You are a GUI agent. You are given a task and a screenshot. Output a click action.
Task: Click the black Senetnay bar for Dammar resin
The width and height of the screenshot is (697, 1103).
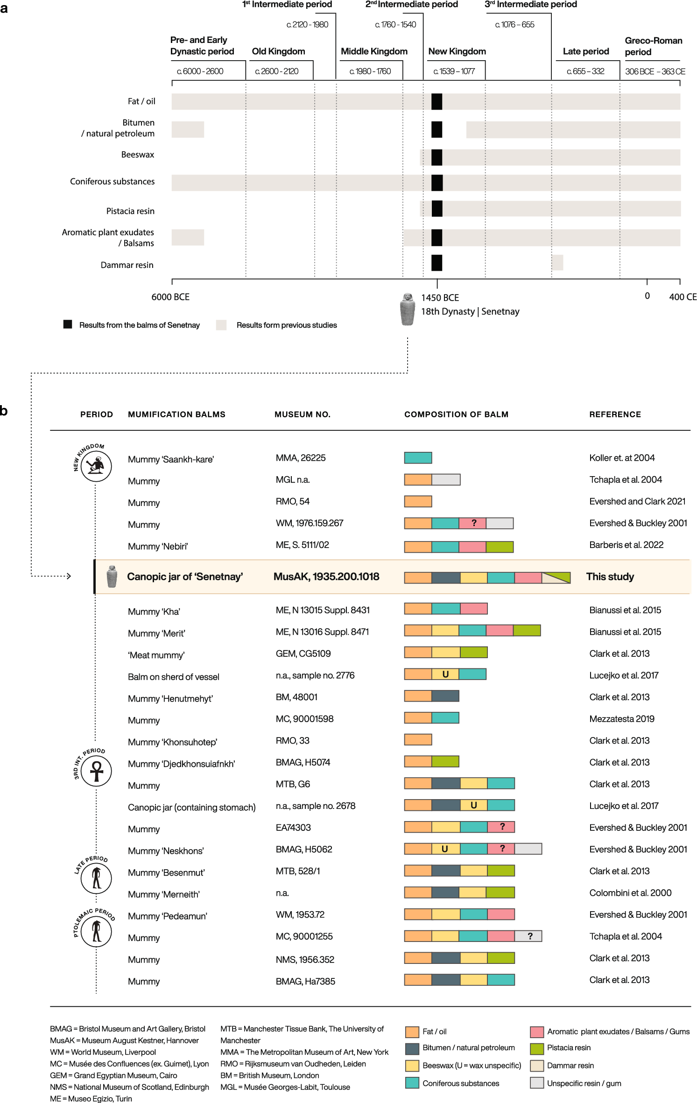(x=437, y=263)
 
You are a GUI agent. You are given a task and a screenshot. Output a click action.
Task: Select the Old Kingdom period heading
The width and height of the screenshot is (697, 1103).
(x=278, y=51)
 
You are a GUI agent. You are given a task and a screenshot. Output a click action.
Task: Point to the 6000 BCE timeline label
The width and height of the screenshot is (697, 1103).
(x=170, y=297)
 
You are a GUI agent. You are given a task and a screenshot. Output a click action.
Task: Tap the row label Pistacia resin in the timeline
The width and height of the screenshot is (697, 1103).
(x=130, y=211)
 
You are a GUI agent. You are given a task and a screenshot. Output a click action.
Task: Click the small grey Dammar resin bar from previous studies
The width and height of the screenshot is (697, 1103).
(x=557, y=262)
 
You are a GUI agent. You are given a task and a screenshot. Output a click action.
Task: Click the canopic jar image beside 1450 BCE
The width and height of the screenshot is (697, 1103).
(x=408, y=309)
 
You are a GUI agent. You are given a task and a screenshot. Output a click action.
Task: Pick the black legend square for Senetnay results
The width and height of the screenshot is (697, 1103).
(x=68, y=324)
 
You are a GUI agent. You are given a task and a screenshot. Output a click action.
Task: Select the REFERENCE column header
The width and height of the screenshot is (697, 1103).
(x=615, y=415)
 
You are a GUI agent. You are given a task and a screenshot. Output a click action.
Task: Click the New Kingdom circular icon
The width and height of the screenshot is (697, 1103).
(x=96, y=465)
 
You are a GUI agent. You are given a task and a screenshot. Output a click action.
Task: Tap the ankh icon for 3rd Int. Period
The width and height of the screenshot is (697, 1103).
(x=96, y=771)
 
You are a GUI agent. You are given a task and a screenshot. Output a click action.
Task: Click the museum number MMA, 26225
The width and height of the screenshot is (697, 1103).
(x=301, y=458)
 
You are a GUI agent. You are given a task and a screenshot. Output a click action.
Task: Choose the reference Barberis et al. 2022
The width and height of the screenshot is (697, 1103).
(x=626, y=545)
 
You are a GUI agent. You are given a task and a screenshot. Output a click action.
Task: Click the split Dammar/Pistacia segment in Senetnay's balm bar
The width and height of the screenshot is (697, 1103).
(x=556, y=577)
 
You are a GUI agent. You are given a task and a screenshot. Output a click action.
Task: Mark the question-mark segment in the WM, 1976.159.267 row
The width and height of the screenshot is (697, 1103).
(x=473, y=523)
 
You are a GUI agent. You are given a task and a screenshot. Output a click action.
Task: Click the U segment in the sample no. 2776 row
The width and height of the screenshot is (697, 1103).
(x=445, y=674)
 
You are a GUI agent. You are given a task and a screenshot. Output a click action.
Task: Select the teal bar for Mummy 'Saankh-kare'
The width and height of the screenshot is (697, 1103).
(x=418, y=458)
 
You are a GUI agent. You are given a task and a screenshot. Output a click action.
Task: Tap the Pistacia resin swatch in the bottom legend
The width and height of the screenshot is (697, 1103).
(x=537, y=1048)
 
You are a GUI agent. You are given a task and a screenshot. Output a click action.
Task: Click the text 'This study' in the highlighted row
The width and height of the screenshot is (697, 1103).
(x=610, y=577)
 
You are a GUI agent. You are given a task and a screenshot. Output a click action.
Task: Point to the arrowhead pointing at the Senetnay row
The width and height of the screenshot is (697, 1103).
(x=69, y=576)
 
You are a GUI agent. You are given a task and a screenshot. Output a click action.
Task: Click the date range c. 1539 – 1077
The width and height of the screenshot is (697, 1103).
(x=454, y=71)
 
